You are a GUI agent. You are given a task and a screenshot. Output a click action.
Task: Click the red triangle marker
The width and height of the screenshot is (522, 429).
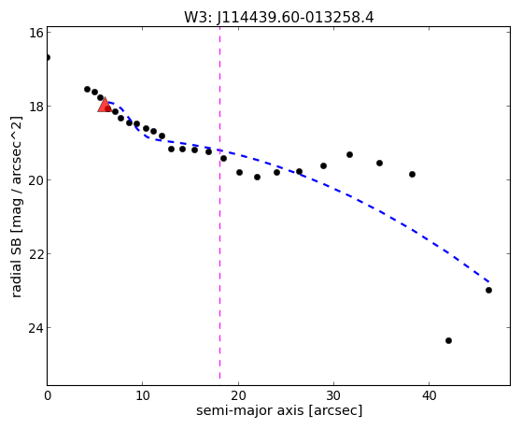tap(105, 105)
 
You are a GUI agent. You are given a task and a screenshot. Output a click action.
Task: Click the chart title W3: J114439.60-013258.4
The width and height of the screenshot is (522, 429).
tap(279, 18)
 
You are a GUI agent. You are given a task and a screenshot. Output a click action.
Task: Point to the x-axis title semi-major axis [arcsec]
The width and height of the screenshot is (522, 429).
tap(279, 410)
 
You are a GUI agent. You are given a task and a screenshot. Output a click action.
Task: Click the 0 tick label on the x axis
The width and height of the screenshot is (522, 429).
tap(48, 395)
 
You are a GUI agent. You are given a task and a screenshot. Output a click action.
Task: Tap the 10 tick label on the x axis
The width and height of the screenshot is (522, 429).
tap(143, 395)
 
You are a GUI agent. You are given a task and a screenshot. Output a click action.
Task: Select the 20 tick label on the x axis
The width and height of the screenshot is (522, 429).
tap(238, 395)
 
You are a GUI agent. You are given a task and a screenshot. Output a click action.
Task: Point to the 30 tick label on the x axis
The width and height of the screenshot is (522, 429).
tap(333, 395)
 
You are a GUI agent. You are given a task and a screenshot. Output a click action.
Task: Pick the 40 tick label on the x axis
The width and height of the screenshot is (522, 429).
tap(429, 395)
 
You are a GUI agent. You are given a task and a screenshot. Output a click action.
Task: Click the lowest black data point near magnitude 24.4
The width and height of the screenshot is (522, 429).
tap(448, 340)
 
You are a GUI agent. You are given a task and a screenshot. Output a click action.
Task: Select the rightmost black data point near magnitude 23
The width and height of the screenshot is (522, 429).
tap(488, 291)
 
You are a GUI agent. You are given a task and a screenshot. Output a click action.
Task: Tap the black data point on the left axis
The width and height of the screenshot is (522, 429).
tap(48, 58)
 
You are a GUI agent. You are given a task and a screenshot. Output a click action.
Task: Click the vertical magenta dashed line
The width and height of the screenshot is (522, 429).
tap(219, 203)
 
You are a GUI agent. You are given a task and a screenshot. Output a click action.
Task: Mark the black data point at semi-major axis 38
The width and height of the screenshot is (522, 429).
tap(412, 175)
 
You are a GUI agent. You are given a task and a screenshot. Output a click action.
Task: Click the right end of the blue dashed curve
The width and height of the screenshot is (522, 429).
tap(488, 282)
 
